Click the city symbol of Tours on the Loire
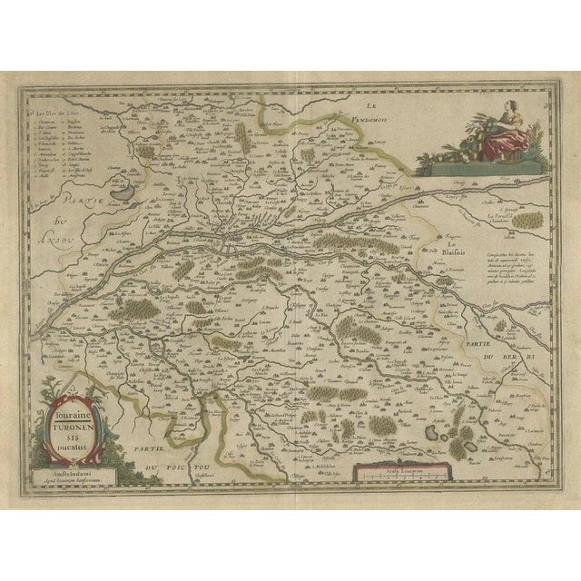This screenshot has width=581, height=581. tap(238, 243)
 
